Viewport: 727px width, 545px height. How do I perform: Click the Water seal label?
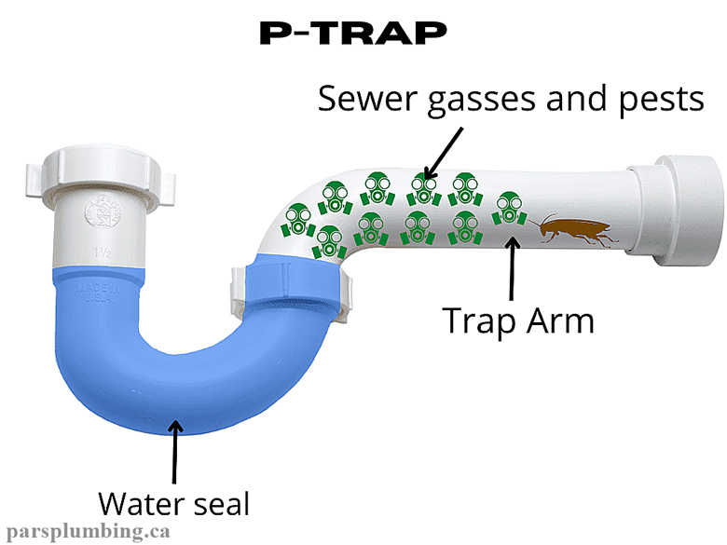point(174,503)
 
